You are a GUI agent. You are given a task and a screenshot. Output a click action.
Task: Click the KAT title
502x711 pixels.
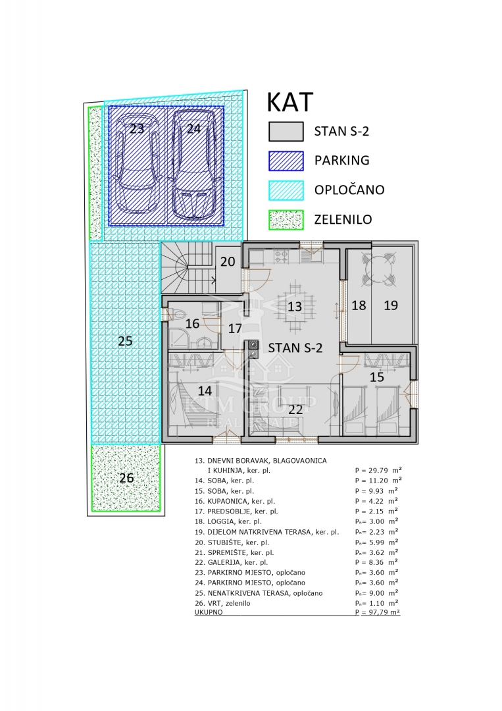[x=290, y=102]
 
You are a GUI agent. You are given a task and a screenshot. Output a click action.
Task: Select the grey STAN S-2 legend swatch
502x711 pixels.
[x=286, y=132]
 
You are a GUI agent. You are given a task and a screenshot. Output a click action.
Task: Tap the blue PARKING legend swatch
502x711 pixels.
[x=286, y=161]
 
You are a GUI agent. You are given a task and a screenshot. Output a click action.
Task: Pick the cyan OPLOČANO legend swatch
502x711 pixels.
[x=286, y=190]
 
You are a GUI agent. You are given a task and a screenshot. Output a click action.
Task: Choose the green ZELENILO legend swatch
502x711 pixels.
[x=286, y=220]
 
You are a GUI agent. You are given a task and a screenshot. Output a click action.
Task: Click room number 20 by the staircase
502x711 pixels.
[x=228, y=261]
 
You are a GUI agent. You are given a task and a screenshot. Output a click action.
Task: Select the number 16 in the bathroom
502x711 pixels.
[x=193, y=323]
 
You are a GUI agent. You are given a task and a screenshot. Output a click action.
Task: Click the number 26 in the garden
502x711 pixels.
[x=126, y=477]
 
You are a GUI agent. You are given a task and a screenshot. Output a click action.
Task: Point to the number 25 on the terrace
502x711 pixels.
[x=125, y=340]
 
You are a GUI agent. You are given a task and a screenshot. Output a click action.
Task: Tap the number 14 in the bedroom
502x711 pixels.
[x=205, y=390]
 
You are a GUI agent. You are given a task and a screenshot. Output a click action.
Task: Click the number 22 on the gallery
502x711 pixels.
[x=295, y=409]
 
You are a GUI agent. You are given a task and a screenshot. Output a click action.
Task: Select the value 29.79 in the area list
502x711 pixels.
[x=378, y=470]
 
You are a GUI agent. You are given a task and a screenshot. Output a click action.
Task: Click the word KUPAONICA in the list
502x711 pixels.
[x=228, y=501]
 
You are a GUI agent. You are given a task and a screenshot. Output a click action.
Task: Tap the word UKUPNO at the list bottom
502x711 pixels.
[x=209, y=612]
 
